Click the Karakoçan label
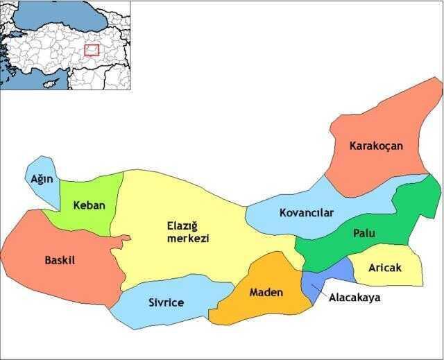tap(376, 146)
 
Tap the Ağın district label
tap(42, 179)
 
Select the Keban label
tap(88, 205)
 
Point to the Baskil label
tap(59, 260)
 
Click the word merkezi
tap(188, 238)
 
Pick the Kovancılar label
tap(306, 212)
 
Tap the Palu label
tap(364, 233)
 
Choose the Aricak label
tap(385, 268)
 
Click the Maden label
tap(266, 292)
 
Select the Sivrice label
tap(166, 302)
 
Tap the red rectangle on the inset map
tap(92, 50)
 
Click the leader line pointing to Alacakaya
tap(321, 289)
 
